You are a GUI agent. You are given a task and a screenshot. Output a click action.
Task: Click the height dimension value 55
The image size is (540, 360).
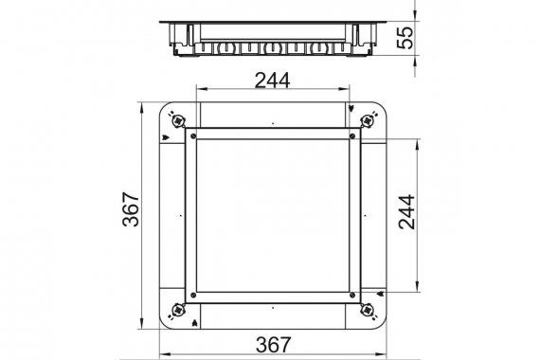pos(405,38)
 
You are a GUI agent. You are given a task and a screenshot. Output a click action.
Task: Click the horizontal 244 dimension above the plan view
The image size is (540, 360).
pos(272,81)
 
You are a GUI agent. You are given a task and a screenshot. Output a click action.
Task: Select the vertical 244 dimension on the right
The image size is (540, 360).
pos(406,212)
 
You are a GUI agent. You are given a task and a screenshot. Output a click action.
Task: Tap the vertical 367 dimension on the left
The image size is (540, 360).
pos(131,209)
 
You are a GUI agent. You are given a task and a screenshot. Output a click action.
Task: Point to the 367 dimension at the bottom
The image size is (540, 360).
pos(274,345)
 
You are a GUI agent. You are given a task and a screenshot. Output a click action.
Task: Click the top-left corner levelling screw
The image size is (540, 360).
pos(178,120)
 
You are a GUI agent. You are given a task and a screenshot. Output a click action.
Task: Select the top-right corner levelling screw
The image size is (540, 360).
pos(368,120)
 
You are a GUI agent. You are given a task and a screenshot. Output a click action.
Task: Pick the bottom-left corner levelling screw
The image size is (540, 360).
pos(178,310)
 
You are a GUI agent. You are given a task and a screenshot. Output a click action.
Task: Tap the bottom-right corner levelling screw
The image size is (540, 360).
pos(368,310)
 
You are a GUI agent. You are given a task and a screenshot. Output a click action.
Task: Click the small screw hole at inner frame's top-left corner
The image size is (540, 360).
pos(193,136)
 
